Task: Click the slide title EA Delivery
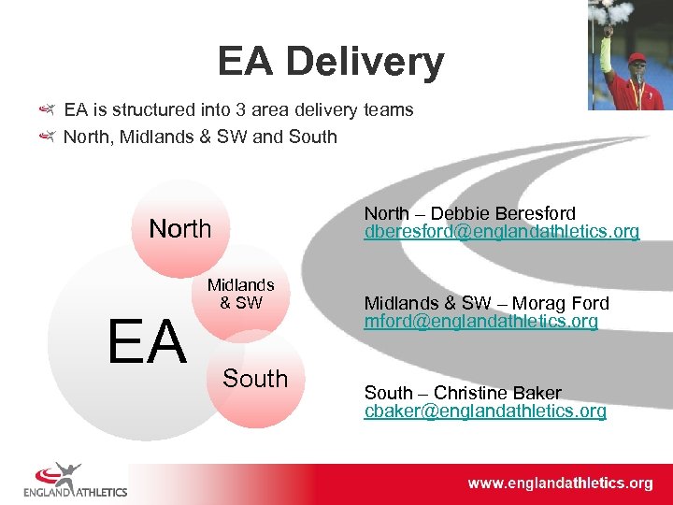point(331,62)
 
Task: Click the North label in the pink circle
point(180,228)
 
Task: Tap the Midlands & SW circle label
point(241,294)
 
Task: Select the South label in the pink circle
point(255,379)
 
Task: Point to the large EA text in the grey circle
point(147,342)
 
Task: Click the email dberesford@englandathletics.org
point(502,232)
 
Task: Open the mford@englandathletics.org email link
point(480,322)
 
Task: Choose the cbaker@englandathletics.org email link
point(485,411)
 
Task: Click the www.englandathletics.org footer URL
point(560,483)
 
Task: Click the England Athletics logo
point(75,479)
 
